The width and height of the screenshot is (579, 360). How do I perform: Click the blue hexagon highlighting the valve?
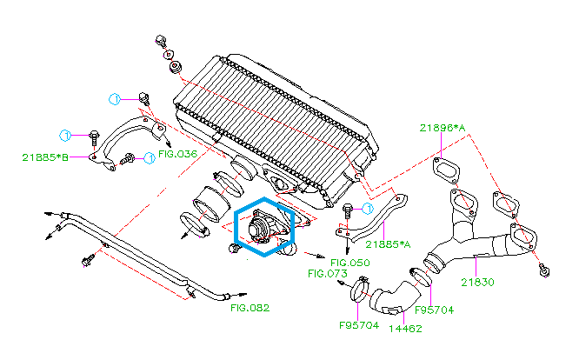pyautogui.click(x=267, y=228)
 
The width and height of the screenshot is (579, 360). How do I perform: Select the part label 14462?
pyautogui.click(x=404, y=329)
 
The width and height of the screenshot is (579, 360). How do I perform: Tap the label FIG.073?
pyautogui.click(x=328, y=273)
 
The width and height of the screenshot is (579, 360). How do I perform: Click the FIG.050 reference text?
pyautogui.click(x=350, y=263)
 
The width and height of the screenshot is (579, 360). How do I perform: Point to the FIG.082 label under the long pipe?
pyautogui.click(x=250, y=308)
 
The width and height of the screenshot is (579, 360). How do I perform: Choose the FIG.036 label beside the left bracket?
pyautogui.click(x=178, y=154)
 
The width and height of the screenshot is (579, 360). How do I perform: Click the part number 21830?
pyautogui.click(x=477, y=282)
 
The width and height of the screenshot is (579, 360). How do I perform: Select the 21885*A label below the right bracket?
pyautogui.click(x=387, y=244)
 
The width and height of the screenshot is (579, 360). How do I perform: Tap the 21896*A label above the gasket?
pyautogui.click(x=443, y=128)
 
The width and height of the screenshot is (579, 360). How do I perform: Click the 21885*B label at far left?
pyautogui.click(x=45, y=157)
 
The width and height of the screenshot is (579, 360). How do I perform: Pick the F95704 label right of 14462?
pyautogui.click(x=434, y=310)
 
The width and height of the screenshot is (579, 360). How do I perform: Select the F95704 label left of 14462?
pyautogui.click(x=359, y=325)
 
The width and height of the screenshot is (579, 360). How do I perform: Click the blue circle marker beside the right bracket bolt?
pyautogui.click(x=368, y=209)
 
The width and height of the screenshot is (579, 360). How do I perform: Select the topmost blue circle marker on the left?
pyautogui.click(x=114, y=97)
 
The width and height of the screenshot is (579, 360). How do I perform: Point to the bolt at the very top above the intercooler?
pyautogui.click(x=161, y=41)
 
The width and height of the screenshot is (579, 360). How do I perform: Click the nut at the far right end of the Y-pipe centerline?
pyautogui.click(x=544, y=270)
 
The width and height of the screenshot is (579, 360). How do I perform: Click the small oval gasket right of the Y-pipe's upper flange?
pyautogui.click(x=506, y=205)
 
